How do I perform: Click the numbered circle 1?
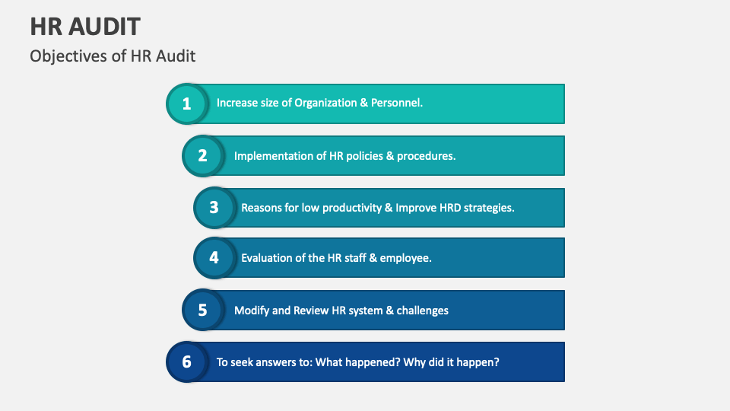(187, 104)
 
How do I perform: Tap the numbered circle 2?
(203, 155)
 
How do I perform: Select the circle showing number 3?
(214, 207)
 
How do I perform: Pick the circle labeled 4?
(214, 257)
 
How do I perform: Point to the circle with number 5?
(203, 310)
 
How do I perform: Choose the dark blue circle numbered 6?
(187, 362)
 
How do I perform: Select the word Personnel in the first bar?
(395, 103)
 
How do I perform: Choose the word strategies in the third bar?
(488, 207)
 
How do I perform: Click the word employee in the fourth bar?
(406, 258)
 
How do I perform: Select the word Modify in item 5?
(252, 311)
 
